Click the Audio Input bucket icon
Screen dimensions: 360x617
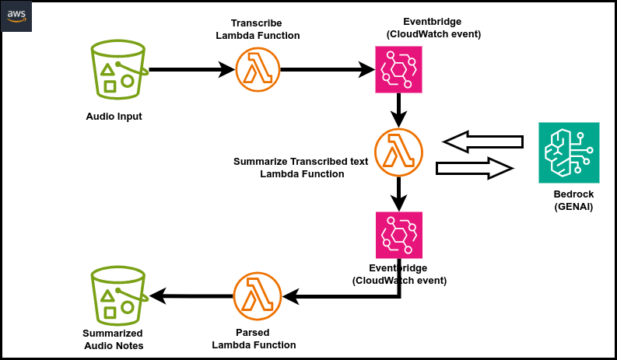click(x=118, y=72)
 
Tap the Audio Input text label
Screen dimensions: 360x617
click(x=114, y=117)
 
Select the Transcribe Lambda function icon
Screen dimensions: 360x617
click(x=258, y=71)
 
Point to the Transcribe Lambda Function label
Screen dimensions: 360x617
click(x=265, y=30)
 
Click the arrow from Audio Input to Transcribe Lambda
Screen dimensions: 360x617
click(x=191, y=71)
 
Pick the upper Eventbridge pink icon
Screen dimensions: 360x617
click(x=399, y=70)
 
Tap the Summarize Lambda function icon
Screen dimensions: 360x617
click(x=398, y=151)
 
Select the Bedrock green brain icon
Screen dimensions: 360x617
click(x=570, y=153)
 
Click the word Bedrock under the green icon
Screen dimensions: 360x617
click(x=569, y=194)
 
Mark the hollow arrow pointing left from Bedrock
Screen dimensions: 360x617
click(x=482, y=142)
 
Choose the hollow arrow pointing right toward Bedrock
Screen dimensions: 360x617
click(x=475, y=169)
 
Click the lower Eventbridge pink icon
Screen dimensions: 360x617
click(x=399, y=234)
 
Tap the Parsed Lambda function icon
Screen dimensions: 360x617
click(x=258, y=296)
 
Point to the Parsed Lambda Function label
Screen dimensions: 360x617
click(x=254, y=338)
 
